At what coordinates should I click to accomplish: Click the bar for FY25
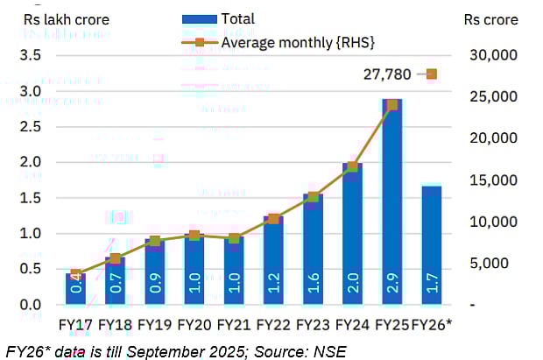pos(391,201)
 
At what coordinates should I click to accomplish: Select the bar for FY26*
pos(431,244)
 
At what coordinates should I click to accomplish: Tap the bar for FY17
pos(75,288)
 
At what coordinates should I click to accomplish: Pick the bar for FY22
pos(273,259)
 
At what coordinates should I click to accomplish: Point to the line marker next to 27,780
pos(431,74)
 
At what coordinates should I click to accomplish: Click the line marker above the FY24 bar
pos(352,166)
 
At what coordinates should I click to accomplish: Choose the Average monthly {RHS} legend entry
pos(271,41)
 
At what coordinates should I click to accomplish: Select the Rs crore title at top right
pos(490,19)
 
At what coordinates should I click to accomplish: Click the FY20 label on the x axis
pos(194,325)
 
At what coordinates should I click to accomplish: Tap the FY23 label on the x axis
pos(313,325)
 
